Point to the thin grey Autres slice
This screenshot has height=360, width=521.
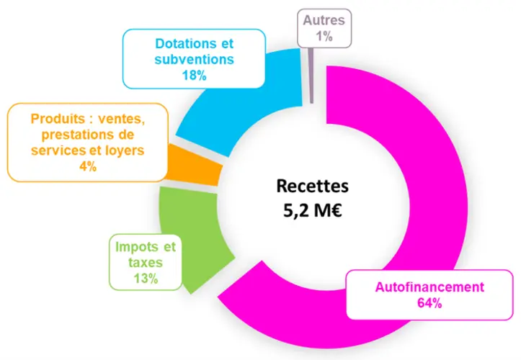pos(311,76)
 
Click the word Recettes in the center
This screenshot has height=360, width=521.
pos(312,186)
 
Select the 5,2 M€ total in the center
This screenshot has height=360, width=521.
pos(312,210)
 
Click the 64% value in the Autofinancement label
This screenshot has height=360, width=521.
pos(429,303)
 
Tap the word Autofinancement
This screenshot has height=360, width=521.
pos(429,287)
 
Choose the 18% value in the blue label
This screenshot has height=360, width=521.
pos(194,76)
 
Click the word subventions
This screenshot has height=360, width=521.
pos(194,60)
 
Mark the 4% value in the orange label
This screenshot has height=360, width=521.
pos(88,166)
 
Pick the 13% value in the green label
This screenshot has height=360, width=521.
pos(146,279)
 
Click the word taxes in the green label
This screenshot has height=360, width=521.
pos(146,262)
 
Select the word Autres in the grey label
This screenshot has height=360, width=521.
pos(324,20)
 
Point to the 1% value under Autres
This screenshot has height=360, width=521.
pos(324,36)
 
